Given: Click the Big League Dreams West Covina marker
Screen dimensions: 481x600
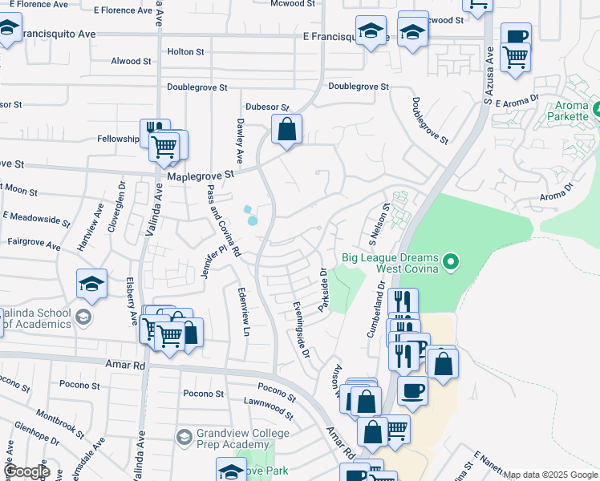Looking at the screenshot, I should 451,262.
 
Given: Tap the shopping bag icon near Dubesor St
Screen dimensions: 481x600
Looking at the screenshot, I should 286,128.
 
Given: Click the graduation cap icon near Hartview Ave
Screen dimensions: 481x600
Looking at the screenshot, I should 92,284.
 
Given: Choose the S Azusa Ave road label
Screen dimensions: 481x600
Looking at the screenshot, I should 489,75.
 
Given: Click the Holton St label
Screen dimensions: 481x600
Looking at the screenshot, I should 185,51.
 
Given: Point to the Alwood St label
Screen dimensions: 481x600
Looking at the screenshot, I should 131,61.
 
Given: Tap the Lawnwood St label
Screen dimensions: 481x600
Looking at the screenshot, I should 269,406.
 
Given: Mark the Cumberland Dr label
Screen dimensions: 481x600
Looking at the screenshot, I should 375,306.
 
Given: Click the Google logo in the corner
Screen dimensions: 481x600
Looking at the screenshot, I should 26,471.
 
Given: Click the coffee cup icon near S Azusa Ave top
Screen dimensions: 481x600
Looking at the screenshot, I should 516,36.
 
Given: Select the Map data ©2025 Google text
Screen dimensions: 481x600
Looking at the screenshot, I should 550,475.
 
